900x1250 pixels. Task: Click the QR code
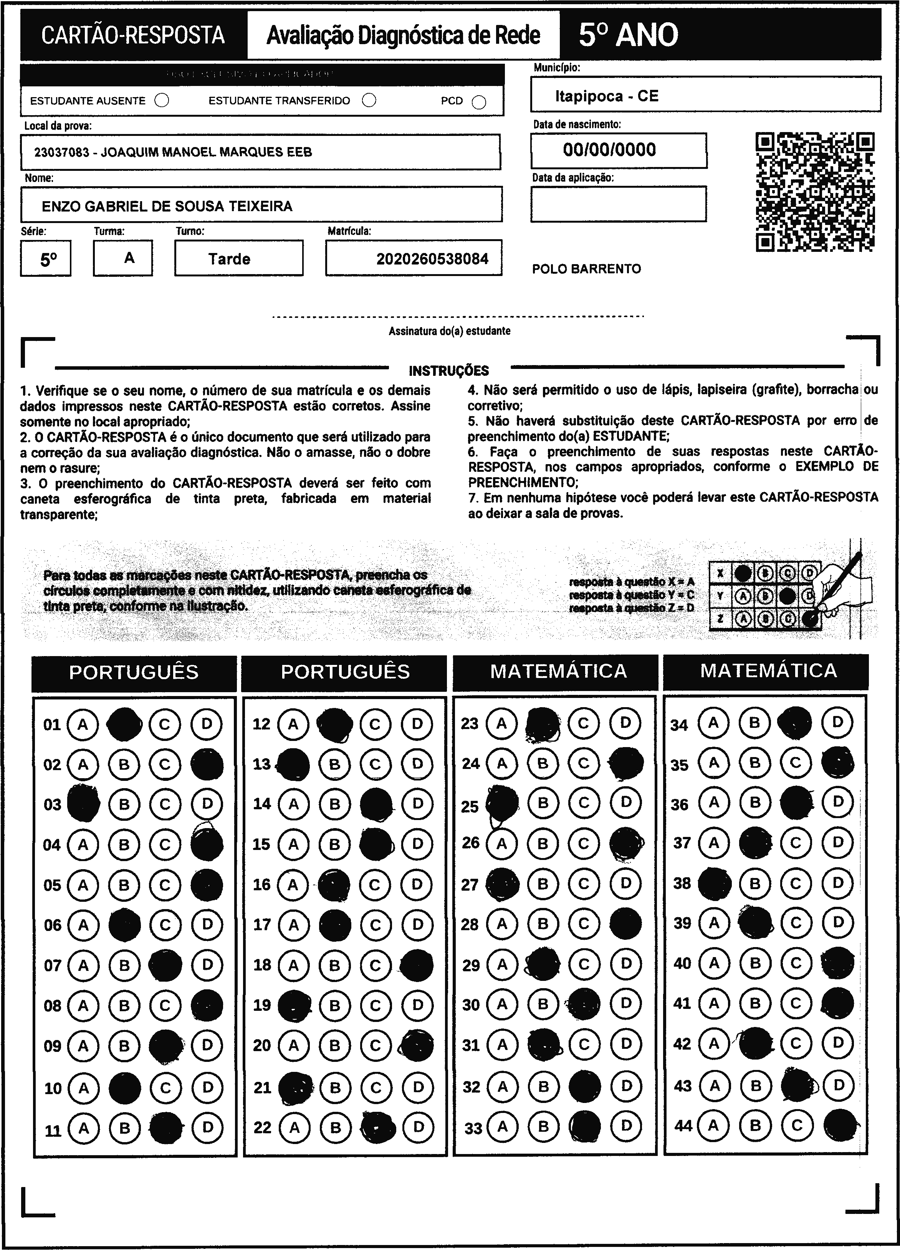pyautogui.click(x=815, y=192)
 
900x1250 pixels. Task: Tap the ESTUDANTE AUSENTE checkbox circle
pyautogui.click(x=162, y=101)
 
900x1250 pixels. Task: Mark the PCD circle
pyautogui.click(x=479, y=103)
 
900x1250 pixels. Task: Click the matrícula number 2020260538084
pyautogui.click(x=432, y=259)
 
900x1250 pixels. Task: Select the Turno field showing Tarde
pyautogui.click(x=229, y=259)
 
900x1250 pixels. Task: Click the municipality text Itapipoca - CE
pyautogui.click(x=606, y=96)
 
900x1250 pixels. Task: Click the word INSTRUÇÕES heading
pyautogui.click(x=448, y=370)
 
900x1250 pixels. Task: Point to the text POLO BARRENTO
pyautogui.click(x=586, y=269)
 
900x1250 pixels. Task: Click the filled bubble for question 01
pyautogui.click(x=124, y=724)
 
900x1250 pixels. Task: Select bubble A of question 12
pyautogui.click(x=293, y=724)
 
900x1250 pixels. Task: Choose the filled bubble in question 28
pyautogui.click(x=625, y=923)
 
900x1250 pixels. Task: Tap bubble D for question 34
pyautogui.click(x=837, y=722)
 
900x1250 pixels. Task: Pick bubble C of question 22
pyautogui.click(x=377, y=1127)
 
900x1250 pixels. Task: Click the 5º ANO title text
pyautogui.click(x=628, y=35)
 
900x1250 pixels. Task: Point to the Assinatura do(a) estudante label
pyautogui.click(x=449, y=331)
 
